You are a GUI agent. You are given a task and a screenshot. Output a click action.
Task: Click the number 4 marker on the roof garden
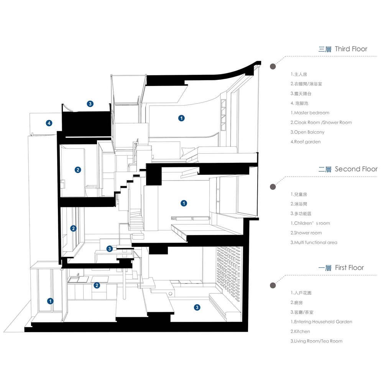pos(49,123)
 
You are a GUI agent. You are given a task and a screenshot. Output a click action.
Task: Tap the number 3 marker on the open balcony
pos(90,104)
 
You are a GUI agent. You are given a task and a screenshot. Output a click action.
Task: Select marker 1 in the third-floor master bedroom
pos(181,118)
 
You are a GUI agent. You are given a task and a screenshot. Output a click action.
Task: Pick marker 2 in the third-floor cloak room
pos(78,170)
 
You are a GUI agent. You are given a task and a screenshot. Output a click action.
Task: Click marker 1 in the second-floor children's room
pos(184,203)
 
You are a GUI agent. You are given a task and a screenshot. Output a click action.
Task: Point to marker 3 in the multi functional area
pos(110,249)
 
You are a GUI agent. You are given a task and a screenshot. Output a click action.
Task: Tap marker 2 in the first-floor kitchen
pos(97,285)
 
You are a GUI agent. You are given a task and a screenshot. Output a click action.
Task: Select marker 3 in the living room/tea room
pos(197,307)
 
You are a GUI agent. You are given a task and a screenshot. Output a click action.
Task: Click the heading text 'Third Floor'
pos(351,49)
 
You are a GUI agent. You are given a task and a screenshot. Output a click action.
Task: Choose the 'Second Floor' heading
pos(356,169)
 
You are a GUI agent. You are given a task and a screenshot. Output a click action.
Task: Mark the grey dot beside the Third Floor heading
pos(273,66)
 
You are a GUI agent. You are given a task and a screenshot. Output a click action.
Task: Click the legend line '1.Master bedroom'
pos(310,113)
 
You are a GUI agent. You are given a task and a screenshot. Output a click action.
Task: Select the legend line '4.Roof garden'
pos(306,142)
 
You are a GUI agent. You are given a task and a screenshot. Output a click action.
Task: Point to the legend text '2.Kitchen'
pos(300,331)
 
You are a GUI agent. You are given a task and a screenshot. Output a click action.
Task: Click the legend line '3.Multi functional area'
pos(314,243)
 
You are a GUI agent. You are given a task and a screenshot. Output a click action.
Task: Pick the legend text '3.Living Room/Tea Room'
pos(316,341)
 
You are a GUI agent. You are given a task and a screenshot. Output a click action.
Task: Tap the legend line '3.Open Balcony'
pos(307,132)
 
